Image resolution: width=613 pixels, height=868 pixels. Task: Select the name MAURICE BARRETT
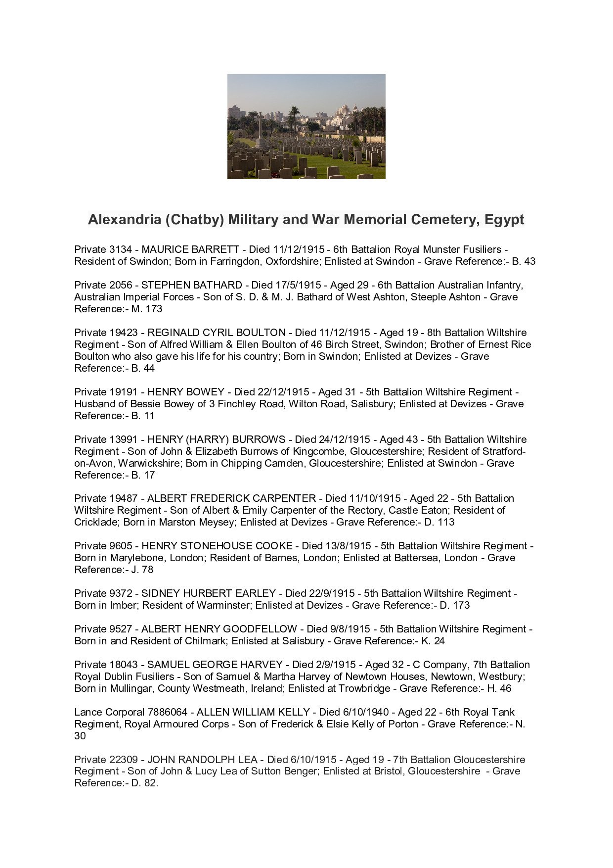[x=190, y=249]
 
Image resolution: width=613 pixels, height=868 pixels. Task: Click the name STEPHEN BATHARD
[x=191, y=285]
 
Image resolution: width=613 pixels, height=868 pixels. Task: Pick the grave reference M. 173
[x=147, y=309]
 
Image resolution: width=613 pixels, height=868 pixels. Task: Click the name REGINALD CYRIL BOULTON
[x=217, y=333]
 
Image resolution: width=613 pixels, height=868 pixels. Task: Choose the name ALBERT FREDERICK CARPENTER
[x=231, y=498]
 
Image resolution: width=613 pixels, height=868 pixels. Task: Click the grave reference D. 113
[x=439, y=522]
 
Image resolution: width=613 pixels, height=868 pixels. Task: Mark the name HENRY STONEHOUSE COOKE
[x=217, y=546]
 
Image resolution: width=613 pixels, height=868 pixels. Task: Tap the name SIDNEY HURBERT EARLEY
[x=208, y=593]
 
